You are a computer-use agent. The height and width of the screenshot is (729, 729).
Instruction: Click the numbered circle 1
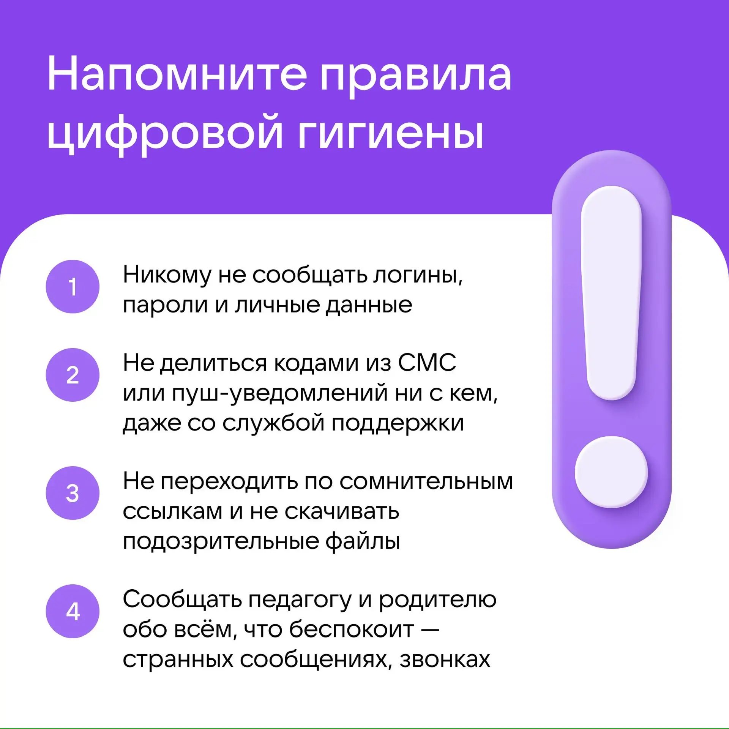pyautogui.click(x=73, y=287)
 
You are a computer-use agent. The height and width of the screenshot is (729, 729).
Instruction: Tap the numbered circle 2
pyautogui.click(x=73, y=375)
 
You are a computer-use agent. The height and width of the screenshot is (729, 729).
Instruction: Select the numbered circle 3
pyautogui.click(x=73, y=493)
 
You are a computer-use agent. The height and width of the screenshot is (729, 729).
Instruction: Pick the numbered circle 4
pyautogui.click(x=73, y=611)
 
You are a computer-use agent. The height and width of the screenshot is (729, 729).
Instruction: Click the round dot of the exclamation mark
pyautogui.click(x=611, y=472)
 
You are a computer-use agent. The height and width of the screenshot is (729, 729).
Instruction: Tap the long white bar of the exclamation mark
pyautogui.click(x=611, y=293)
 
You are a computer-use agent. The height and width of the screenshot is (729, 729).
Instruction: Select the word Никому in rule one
pyautogui.click(x=167, y=275)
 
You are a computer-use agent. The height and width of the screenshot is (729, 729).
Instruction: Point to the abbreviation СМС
pyautogui.click(x=427, y=363)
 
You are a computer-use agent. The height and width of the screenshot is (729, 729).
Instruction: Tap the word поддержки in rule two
pyautogui.click(x=398, y=423)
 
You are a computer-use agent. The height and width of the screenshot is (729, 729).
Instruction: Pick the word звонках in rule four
pyautogui.click(x=445, y=660)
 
